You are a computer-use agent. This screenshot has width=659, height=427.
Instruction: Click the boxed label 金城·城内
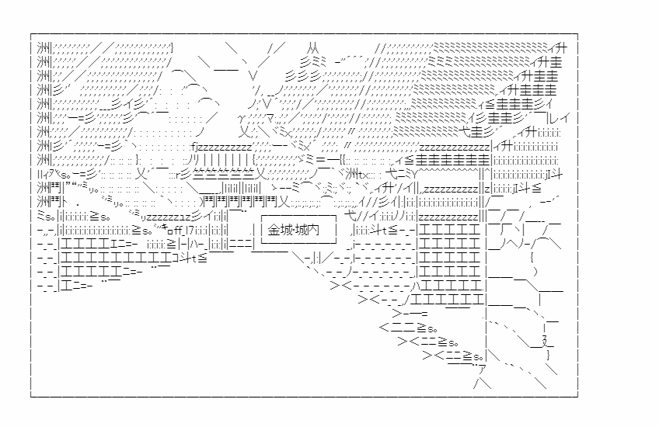[x=299, y=229]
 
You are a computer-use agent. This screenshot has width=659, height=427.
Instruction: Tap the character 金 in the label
[x=274, y=230]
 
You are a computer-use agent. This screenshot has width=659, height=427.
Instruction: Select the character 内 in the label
[x=313, y=230]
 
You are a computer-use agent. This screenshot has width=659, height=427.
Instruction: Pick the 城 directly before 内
[x=301, y=230]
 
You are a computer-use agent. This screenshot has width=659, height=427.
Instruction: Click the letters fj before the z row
[x=194, y=147]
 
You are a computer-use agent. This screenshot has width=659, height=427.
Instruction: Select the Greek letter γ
[x=241, y=120]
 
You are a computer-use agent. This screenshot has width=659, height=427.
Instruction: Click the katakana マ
[x=270, y=119]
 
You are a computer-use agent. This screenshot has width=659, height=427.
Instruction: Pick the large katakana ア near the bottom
[x=482, y=370]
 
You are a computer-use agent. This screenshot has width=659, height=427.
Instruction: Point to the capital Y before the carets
[x=415, y=174]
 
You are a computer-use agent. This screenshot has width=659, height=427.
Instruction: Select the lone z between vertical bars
[x=487, y=189]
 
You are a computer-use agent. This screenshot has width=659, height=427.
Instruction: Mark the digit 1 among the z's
[x=182, y=217]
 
